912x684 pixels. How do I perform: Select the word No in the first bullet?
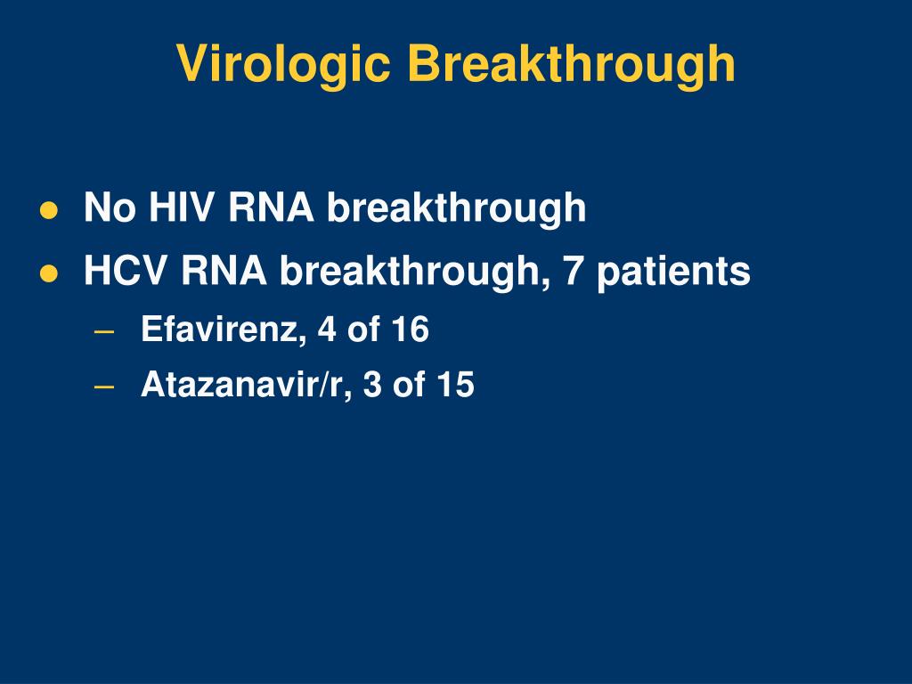[x=110, y=207]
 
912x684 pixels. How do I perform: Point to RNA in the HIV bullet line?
[x=271, y=207]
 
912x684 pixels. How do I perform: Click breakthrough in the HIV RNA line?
[x=457, y=208]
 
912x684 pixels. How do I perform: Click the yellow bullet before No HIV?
[x=49, y=210]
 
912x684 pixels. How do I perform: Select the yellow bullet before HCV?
[x=49, y=273]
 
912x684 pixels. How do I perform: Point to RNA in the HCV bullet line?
[x=224, y=271]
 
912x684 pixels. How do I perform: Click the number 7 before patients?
[x=573, y=271]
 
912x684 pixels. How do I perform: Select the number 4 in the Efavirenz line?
[x=327, y=330]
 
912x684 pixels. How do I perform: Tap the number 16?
[x=411, y=330]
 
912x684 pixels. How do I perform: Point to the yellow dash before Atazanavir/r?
[x=103, y=387]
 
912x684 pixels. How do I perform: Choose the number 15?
[x=456, y=385]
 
